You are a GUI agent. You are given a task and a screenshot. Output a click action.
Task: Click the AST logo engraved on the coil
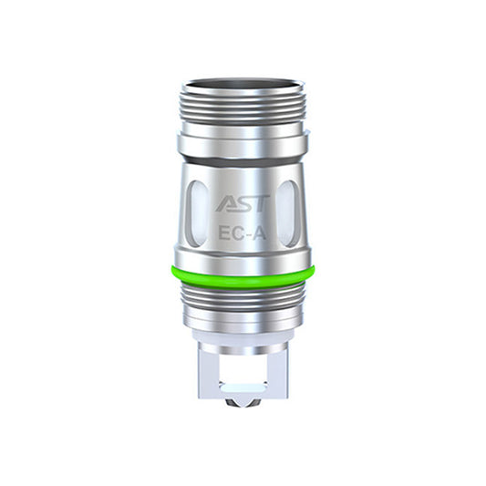243,203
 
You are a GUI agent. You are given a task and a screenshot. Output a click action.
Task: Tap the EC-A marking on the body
243,234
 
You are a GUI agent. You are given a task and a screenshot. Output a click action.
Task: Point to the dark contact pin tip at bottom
243,403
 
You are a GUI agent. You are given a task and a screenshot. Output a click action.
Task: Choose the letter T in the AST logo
262,203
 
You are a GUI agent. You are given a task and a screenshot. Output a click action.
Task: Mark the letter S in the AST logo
244,203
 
